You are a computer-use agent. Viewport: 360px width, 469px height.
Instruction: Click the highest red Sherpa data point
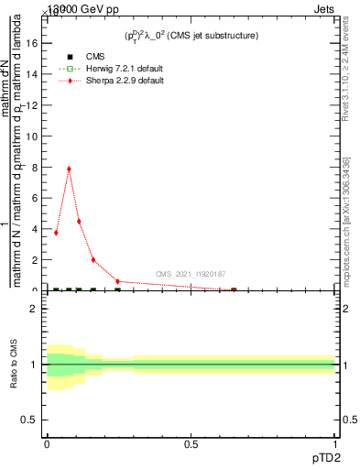69,169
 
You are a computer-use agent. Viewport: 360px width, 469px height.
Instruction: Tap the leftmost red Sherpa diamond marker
56,233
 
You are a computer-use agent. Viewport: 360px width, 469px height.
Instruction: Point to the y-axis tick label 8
34,167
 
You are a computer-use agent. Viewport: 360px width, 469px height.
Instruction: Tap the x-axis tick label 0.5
191,444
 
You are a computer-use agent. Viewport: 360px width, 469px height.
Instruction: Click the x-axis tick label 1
335,444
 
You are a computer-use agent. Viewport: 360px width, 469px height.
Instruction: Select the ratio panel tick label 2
34,309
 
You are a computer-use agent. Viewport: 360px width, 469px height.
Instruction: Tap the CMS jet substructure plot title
191,35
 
